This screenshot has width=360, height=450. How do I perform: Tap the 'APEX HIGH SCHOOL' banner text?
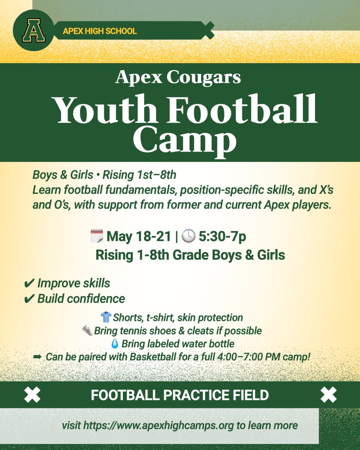(x=99, y=31)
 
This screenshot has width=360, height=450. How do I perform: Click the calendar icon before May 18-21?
(x=96, y=236)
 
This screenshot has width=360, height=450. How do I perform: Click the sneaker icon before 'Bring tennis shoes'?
(x=87, y=331)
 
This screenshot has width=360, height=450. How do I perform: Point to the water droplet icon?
(x=115, y=343)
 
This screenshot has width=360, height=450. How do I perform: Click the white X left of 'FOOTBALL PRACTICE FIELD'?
(x=32, y=395)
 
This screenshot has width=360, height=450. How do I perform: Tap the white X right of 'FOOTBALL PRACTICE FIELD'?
(x=328, y=395)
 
